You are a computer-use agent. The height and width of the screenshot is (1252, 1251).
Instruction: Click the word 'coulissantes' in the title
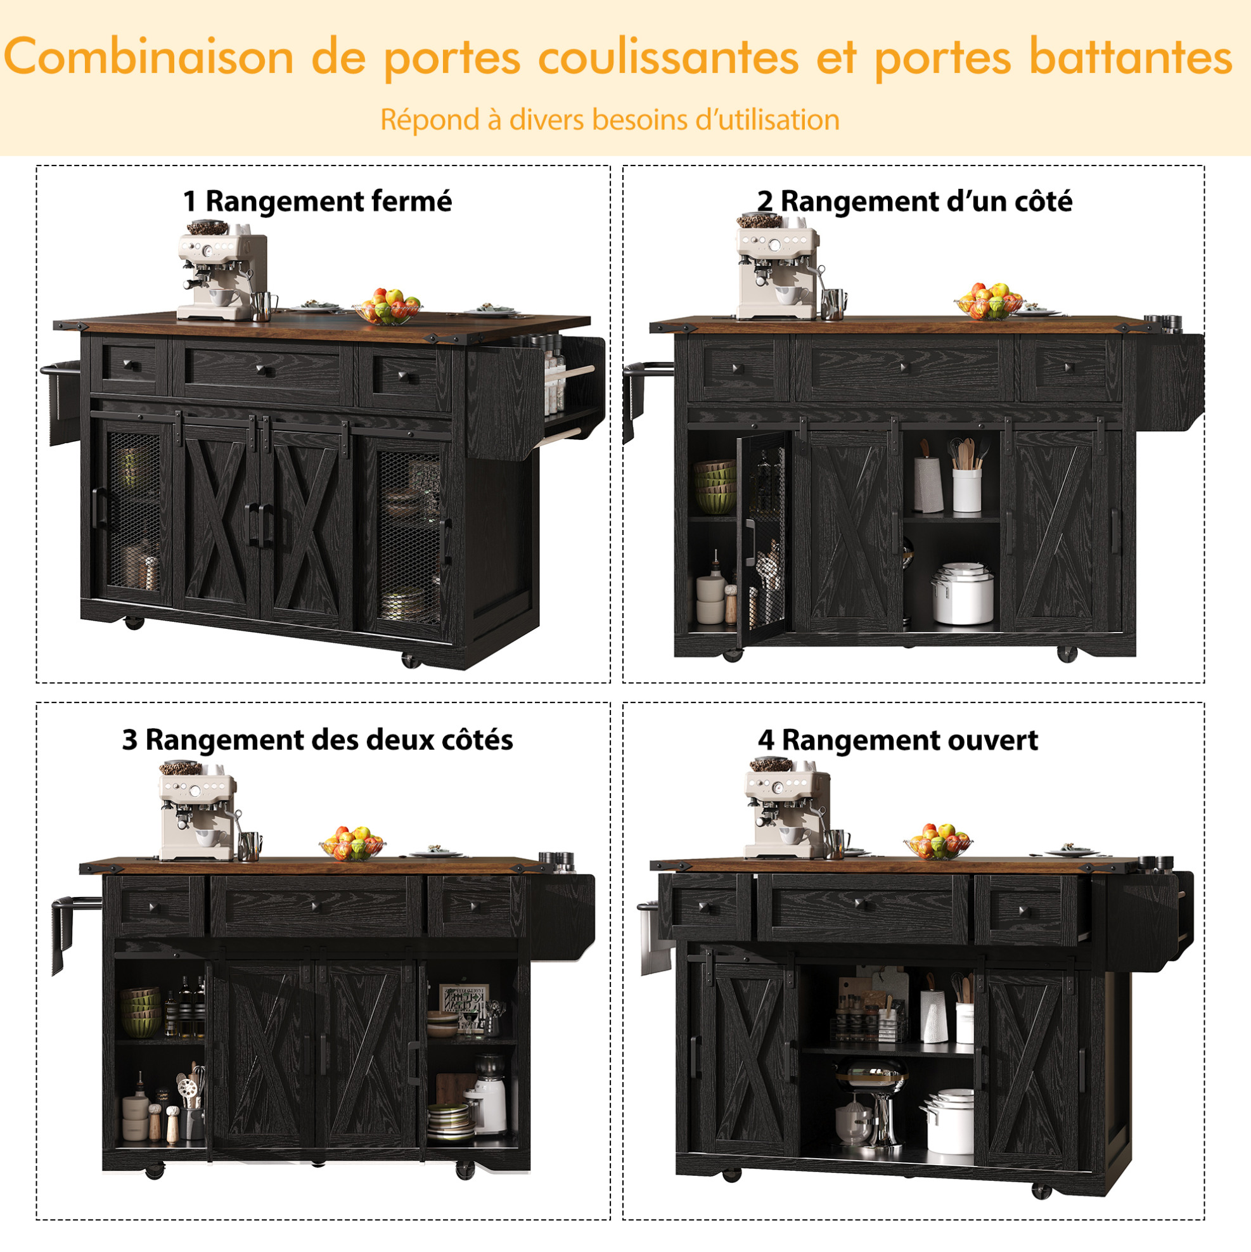click(668, 57)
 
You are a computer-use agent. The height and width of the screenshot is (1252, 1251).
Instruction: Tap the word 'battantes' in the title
click(1131, 56)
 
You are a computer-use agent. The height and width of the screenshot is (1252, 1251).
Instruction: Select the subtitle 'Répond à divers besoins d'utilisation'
click(610, 120)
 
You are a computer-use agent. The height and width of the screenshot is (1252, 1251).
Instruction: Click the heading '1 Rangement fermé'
click(317, 202)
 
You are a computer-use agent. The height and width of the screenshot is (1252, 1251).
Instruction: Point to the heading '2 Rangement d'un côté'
click(914, 202)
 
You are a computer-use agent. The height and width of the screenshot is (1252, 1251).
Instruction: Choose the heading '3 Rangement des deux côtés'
click(318, 739)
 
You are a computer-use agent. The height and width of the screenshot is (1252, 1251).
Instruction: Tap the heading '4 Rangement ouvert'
click(897, 739)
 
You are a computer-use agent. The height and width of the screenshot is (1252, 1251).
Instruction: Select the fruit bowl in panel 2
click(989, 301)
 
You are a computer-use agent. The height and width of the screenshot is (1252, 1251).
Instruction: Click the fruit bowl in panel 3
click(352, 843)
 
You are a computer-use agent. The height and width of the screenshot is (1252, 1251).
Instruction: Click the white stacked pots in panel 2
click(963, 593)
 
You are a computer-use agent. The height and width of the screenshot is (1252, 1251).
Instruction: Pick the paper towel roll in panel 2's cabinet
click(928, 484)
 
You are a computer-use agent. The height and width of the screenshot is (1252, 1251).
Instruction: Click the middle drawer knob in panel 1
click(262, 370)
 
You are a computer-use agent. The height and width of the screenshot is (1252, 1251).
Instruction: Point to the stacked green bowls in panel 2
click(715, 487)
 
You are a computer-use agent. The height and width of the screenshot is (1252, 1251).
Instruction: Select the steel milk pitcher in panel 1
click(262, 307)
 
